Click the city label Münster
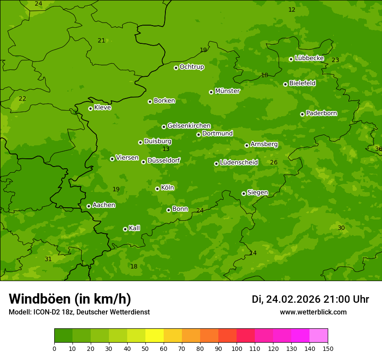click(227, 91)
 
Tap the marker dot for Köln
click(157, 189)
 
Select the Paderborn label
click(322, 113)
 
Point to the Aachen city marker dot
click(89, 206)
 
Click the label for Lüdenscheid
click(239, 163)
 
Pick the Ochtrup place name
click(192, 67)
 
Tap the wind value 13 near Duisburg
click(166, 149)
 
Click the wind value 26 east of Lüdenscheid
click(274, 163)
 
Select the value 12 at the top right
click(292, 10)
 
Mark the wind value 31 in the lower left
click(48, 259)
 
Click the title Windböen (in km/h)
click(70, 299)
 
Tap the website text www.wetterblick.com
click(313, 312)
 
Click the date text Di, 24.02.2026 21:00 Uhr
click(310, 299)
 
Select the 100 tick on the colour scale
click(237, 349)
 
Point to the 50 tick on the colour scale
click(145, 349)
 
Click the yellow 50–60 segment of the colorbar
click(155, 336)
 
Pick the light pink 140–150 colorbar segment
click(319, 336)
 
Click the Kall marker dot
click(125, 229)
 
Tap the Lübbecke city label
click(309, 58)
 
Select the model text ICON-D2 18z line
click(79, 312)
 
